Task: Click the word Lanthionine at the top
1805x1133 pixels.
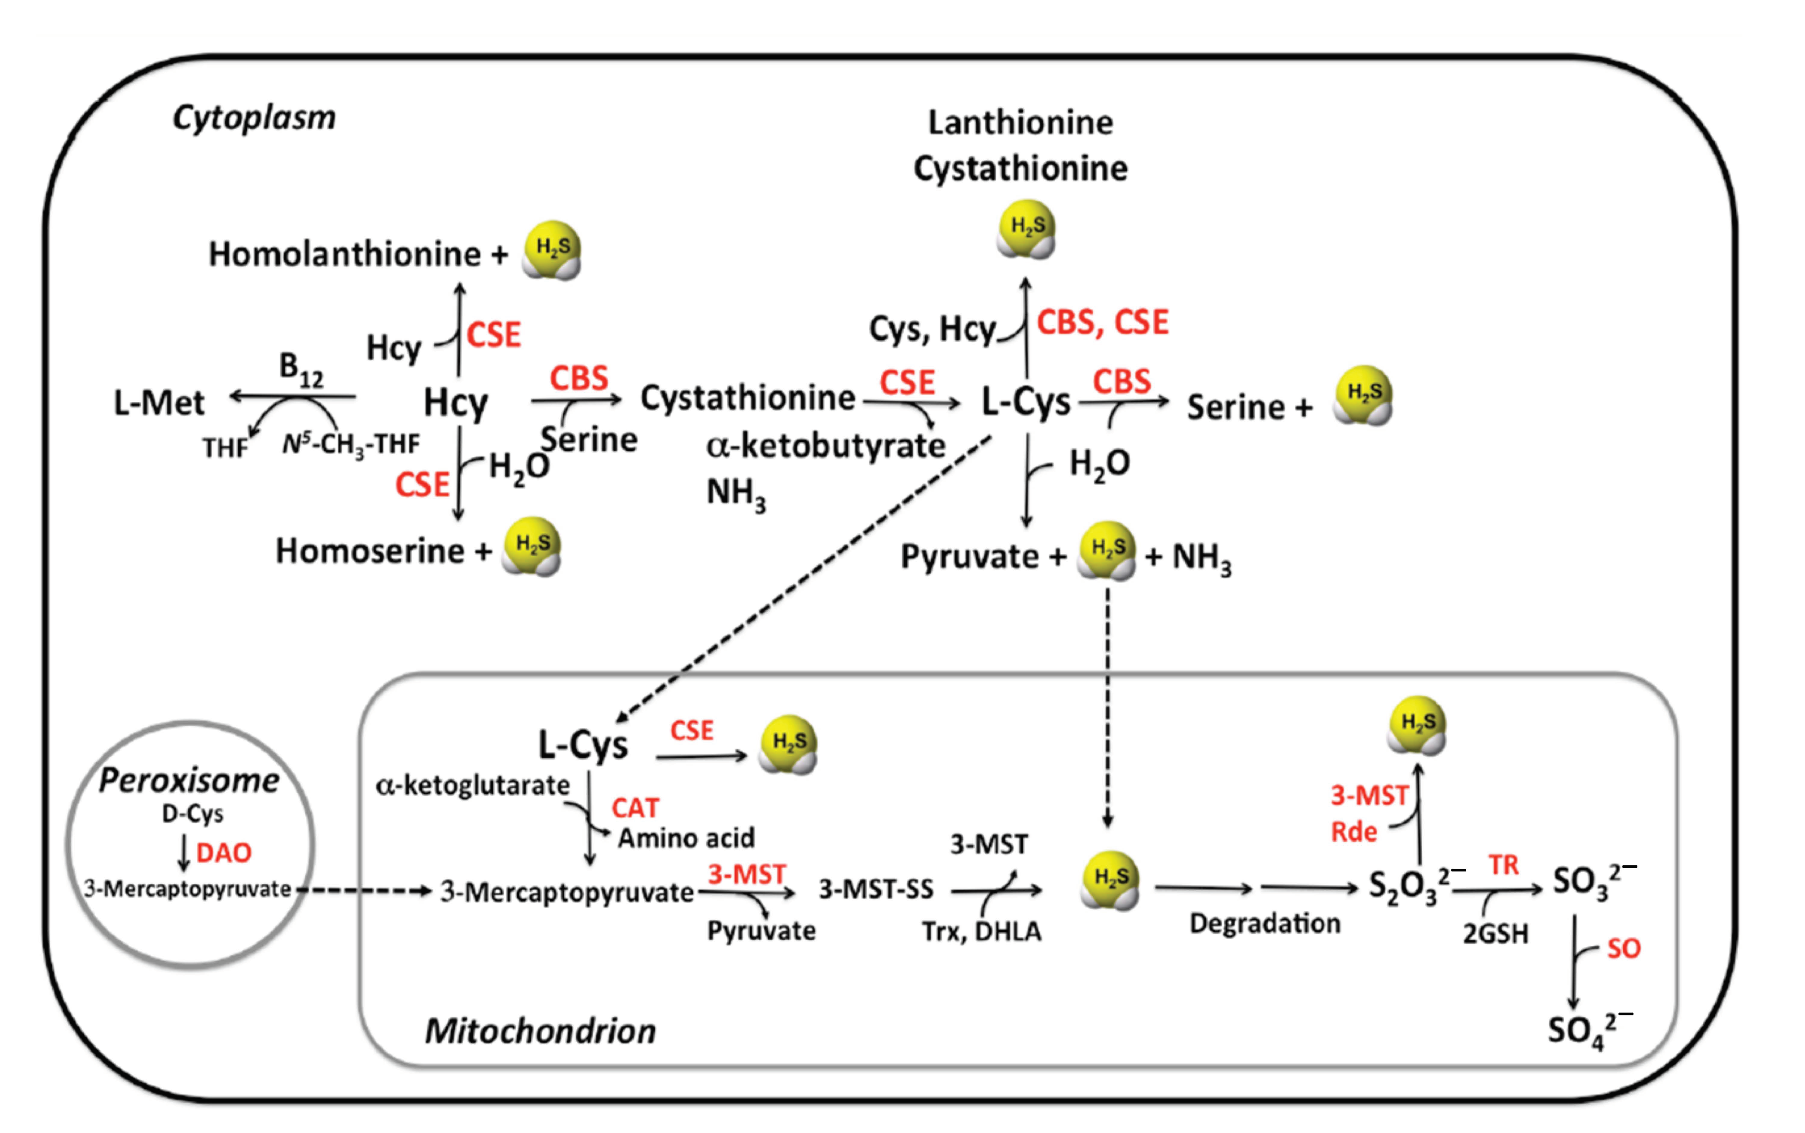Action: (x=1020, y=122)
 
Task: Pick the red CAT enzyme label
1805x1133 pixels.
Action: (x=635, y=808)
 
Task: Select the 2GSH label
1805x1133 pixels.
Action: (x=1495, y=934)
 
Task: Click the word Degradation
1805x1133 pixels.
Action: (x=1264, y=923)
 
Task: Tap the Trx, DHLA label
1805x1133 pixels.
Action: (x=981, y=932)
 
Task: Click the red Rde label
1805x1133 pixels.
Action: (x=1354, y=832)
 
